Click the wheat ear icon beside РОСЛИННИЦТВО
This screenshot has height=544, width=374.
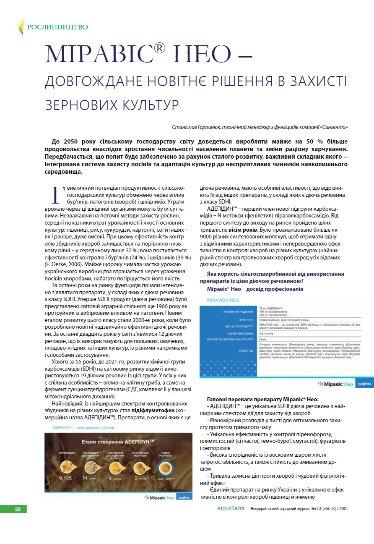coord(21,27)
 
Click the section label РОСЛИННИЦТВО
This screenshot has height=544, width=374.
coord(57,28)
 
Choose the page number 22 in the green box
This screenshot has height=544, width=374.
coord(18,509)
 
